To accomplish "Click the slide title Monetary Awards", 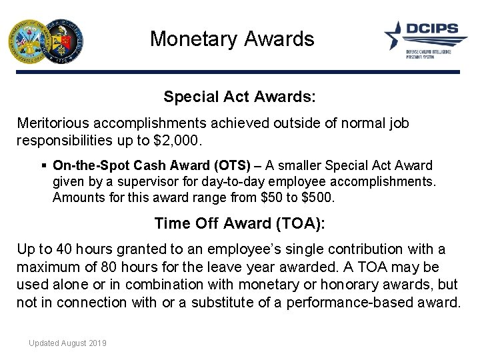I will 231,39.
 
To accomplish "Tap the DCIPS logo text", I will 433,30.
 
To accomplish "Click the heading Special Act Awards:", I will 239,97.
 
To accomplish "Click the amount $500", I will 320,197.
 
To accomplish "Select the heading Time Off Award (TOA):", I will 239,223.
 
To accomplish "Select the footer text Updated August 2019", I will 67,343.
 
